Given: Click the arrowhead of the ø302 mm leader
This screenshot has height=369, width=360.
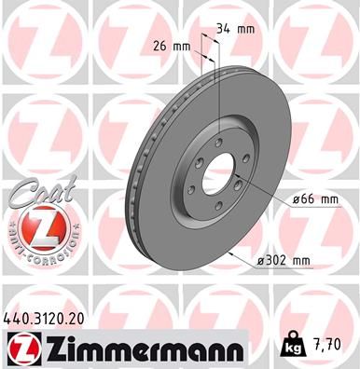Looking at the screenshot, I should (229, 252).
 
